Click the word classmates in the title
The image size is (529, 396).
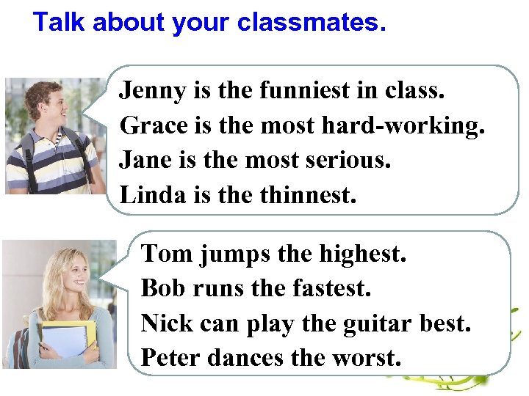(311, 23)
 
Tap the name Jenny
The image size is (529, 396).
(154, 92)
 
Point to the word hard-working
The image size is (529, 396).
(403, 126)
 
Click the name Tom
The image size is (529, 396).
(166, 254)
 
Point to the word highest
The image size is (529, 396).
(362, 254)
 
